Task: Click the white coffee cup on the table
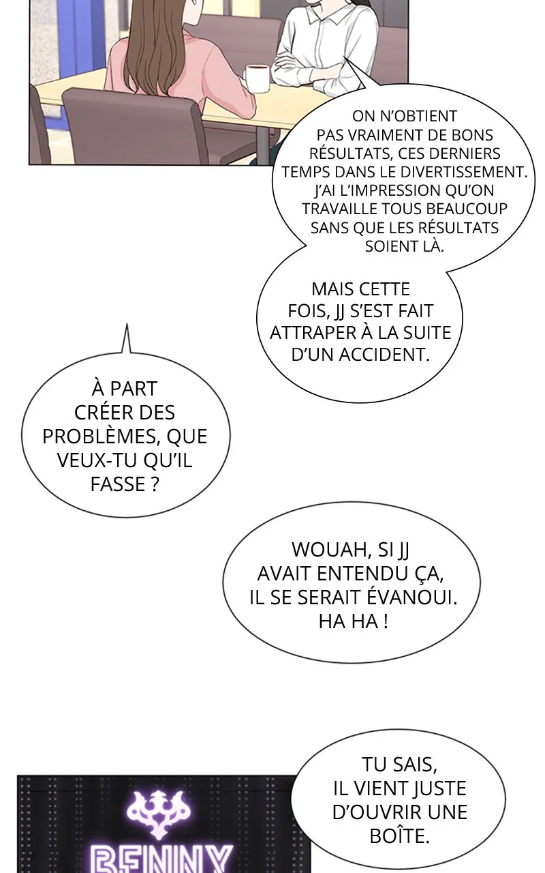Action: point(257,78)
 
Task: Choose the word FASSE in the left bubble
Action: point(113,485)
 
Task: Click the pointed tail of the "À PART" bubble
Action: point(126,324)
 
